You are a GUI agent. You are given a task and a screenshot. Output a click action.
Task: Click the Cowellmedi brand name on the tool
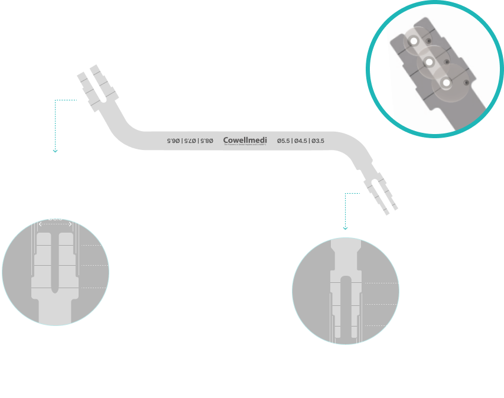coord(245,141)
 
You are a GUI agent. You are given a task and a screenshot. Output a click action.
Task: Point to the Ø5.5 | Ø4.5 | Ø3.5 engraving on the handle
coord(300,141)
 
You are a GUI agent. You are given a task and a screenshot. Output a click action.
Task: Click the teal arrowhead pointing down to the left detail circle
coord(55,151)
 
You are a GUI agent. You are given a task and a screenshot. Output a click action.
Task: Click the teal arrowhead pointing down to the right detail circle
coord(345,228)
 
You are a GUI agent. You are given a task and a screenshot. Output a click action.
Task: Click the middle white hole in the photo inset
coord(430,62)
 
